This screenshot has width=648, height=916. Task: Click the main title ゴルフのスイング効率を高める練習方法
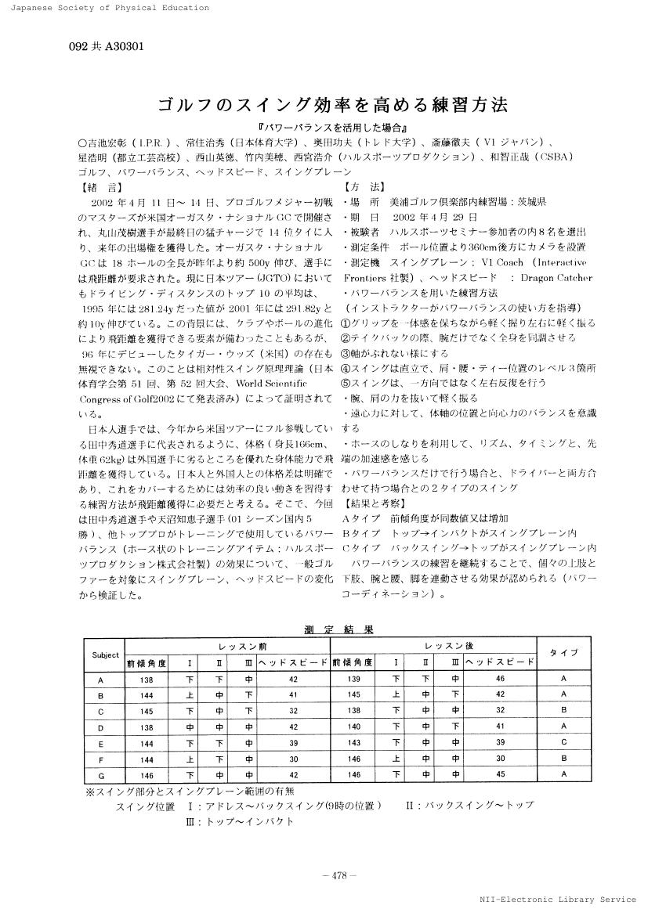point(324,104)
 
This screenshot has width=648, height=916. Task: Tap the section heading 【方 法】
point(364,187)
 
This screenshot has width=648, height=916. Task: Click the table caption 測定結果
point(338,629)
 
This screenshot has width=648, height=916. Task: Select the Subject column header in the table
point(105,655)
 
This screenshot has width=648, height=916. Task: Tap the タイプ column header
point(563,652)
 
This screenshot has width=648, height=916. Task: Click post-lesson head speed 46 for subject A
point(501,679)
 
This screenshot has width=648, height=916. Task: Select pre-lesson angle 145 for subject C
point(147,711)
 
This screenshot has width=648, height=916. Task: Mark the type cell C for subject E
point(563,742)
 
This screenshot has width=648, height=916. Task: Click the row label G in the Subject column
point(100,774)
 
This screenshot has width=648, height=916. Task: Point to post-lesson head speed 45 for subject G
point(501,774)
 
